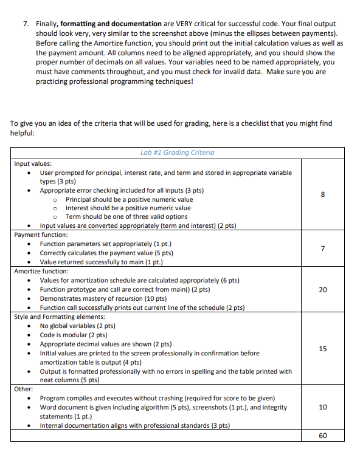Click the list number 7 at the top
click(x=26, y=23)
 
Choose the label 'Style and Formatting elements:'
click(x=59, y=317)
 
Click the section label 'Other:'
click(x=24, y=388)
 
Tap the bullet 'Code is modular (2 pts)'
click(x=73, y=335)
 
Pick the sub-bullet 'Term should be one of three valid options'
click(x=126, y=216)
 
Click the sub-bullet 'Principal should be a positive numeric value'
click(x=129, y=199)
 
